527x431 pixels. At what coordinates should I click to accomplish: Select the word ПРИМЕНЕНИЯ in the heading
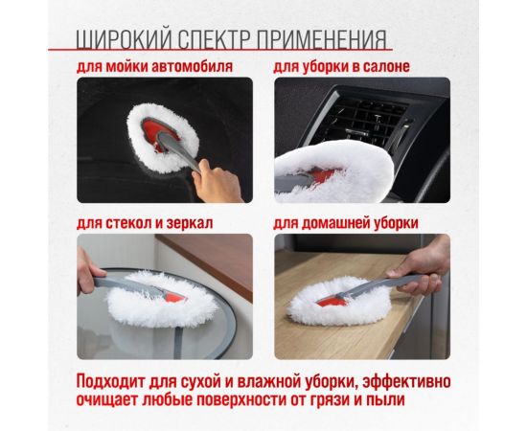click(326, 38)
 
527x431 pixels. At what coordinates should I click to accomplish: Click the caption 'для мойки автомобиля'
click(155, 67)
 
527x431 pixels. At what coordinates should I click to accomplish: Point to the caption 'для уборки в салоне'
click(341, 67)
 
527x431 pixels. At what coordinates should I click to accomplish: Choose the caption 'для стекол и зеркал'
click(144, 223)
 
